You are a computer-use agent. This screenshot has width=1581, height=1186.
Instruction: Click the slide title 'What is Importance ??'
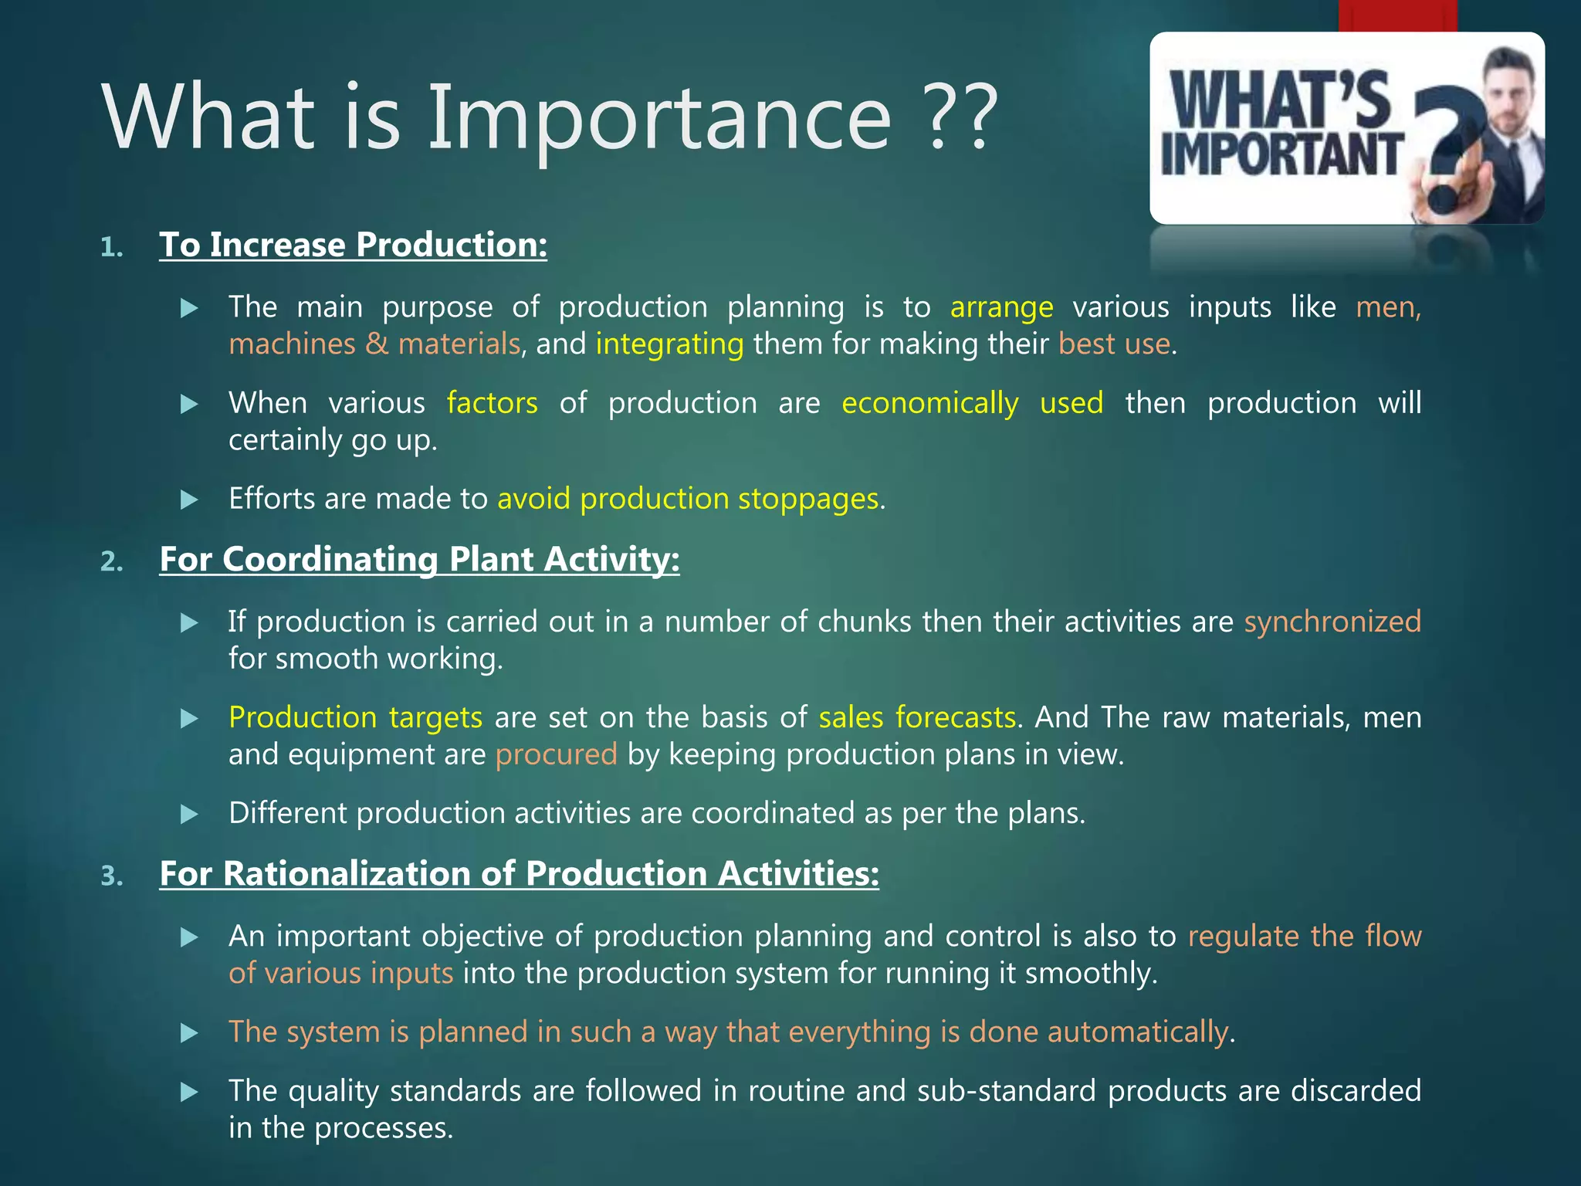550,117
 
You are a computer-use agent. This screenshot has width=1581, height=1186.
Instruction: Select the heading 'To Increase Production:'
353,245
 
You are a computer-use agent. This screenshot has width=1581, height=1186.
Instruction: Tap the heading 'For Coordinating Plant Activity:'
419,559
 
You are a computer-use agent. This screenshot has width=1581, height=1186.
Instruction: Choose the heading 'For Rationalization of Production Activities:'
519,873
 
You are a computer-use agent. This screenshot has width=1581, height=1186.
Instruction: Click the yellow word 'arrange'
1001,307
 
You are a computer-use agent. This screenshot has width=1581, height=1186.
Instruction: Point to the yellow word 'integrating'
669,344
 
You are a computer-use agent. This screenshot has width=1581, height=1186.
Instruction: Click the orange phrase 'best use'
1114,344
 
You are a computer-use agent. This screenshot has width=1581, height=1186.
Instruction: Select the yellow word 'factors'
492,403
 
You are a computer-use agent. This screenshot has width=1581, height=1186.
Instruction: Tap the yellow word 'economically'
929,403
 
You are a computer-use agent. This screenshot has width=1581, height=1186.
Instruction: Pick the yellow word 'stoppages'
808,499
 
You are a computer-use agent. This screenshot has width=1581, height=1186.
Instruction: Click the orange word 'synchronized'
1332,622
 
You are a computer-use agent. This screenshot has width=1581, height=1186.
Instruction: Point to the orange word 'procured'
556,754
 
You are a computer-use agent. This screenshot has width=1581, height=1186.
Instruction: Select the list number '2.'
112,561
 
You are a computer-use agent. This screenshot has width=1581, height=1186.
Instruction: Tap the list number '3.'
112,876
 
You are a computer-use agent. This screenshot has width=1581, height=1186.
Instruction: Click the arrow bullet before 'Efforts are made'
189,500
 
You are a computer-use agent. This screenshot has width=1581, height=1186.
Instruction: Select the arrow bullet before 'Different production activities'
189,815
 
